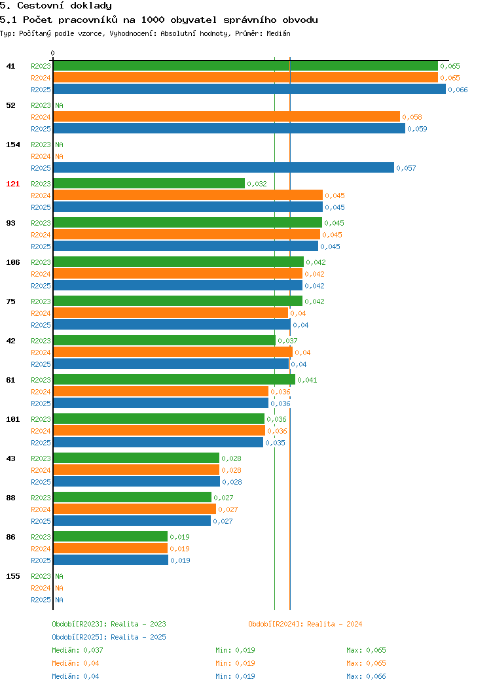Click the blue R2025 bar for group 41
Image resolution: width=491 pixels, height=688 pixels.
[x=249, y=90]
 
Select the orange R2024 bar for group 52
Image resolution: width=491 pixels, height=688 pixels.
[x=227, y=116]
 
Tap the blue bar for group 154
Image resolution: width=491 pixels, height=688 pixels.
[x=223, y=167]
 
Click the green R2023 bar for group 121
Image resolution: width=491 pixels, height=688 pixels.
[x=149, y=183]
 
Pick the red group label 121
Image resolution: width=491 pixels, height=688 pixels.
[x=12, y=184]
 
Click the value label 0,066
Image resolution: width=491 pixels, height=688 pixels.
[x=458, y=90]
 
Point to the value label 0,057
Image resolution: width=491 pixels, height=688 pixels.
[x=406, y=168]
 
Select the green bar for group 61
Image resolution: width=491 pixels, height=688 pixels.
[x=174, y=379]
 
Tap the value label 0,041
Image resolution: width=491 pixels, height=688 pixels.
[x=307, y=380]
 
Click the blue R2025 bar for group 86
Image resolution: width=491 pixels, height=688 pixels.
[x=111, y=560]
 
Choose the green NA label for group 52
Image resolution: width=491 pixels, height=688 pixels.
[x=60, y=105]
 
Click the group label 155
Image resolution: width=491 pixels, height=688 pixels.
[x=12, y=576]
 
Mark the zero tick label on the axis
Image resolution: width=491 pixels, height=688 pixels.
[x=53, y=53]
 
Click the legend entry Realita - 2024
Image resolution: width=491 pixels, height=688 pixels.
[x=305, y=624]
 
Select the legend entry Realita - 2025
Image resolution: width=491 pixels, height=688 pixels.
[x=109, y=637]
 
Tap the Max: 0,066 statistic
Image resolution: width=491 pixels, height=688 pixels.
[x=366, y=676]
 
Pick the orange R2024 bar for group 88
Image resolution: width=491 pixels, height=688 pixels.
[x=135, y=509]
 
